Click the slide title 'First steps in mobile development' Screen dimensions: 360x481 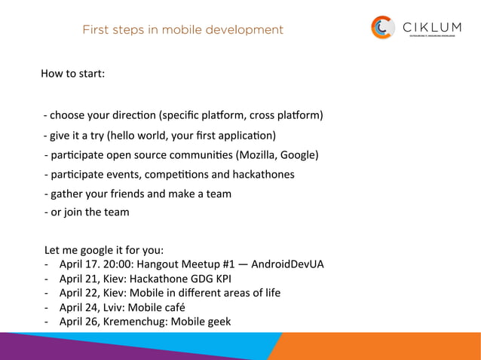click(x=182, y=30)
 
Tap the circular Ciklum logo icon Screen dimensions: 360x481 click(x=383, y=28)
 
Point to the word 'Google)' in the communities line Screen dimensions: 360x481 click(x=299, y=155)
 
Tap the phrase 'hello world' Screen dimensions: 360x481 click(x=142, y=136)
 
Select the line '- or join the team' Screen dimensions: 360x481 click(x=86, y=212)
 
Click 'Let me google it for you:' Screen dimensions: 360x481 click(x=104, y=249)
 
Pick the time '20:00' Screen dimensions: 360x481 click(x=120, y=264)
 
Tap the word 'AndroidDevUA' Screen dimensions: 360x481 click(x=288, y=264)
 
